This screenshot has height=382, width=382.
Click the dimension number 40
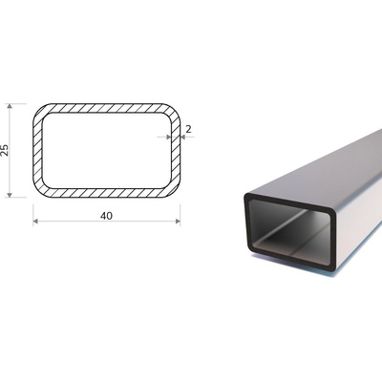(106, 216)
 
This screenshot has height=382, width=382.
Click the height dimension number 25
(5, 150)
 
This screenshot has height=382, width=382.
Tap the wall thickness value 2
(188, 129)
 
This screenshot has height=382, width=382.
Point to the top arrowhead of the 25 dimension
(10, 106)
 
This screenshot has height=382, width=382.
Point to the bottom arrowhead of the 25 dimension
(10, 195)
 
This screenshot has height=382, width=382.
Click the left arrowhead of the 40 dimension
(35, 222)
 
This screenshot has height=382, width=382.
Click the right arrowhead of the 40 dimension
(178, 222)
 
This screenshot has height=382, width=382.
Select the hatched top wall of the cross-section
(107, 108)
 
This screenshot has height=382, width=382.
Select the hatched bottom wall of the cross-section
(107, 193)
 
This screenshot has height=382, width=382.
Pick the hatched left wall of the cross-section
(37, 150)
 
